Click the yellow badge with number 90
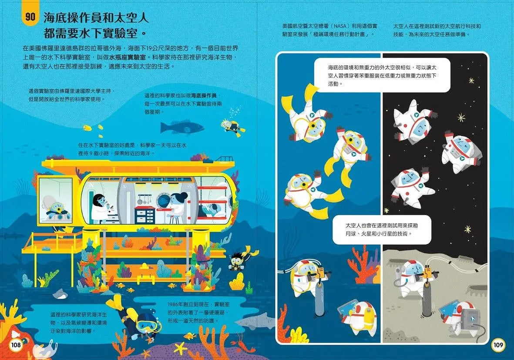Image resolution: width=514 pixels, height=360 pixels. click(30, 18)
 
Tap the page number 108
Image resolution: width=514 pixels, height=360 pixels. click(16, 345)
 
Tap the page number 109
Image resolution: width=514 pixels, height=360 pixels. click(498, 345)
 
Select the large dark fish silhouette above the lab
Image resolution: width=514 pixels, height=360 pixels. click(182, 128)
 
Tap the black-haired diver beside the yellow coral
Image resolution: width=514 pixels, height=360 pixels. click(238, 261)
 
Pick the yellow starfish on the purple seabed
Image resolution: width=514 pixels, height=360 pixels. click(179, 347)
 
